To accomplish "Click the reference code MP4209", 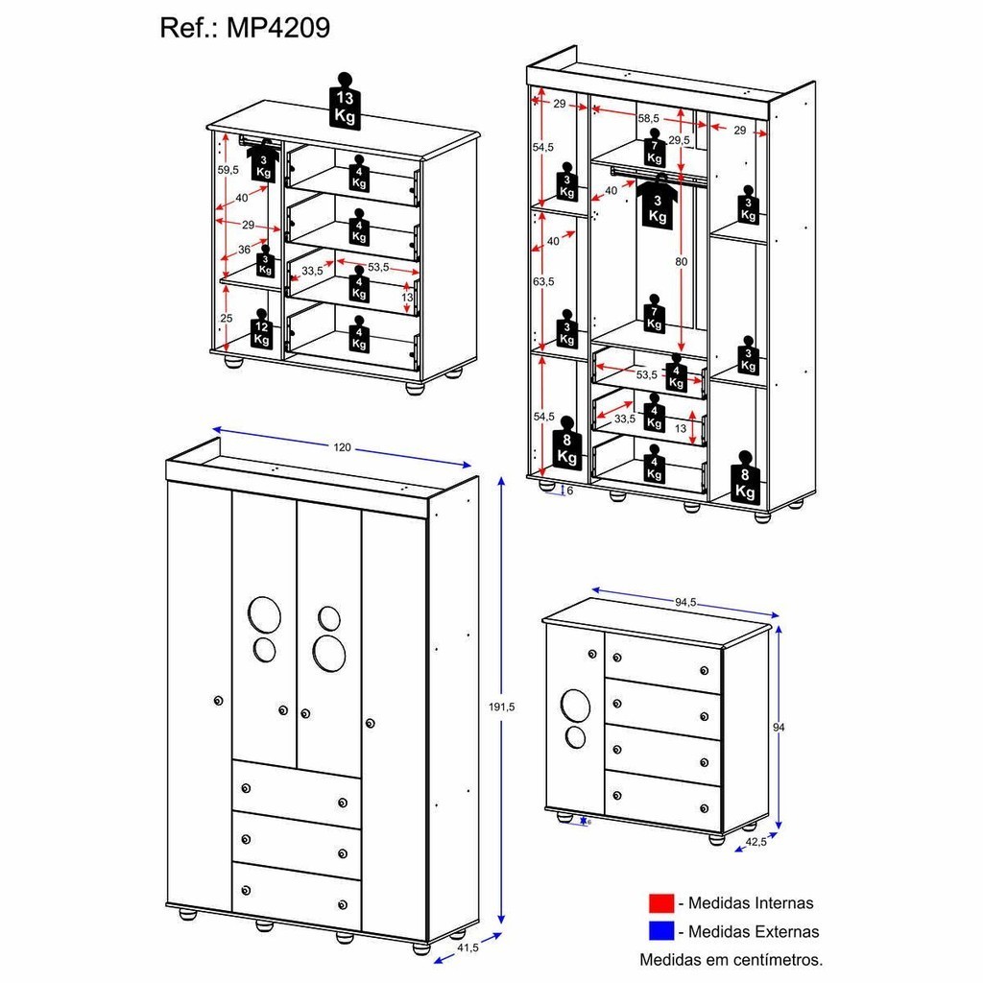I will point(278,28).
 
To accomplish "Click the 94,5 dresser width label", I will point(684,603).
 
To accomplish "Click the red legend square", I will point(660,903).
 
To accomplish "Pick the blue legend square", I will point(660,930).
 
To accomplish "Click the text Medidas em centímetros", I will point(731,958).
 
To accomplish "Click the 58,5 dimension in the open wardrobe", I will point(651,118).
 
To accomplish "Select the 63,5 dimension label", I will point(543,282).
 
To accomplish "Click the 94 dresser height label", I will point(778,727).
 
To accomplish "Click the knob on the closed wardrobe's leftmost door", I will point(219,702).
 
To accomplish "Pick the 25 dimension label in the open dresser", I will point(226,318).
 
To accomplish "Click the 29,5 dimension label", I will point(680,140).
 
